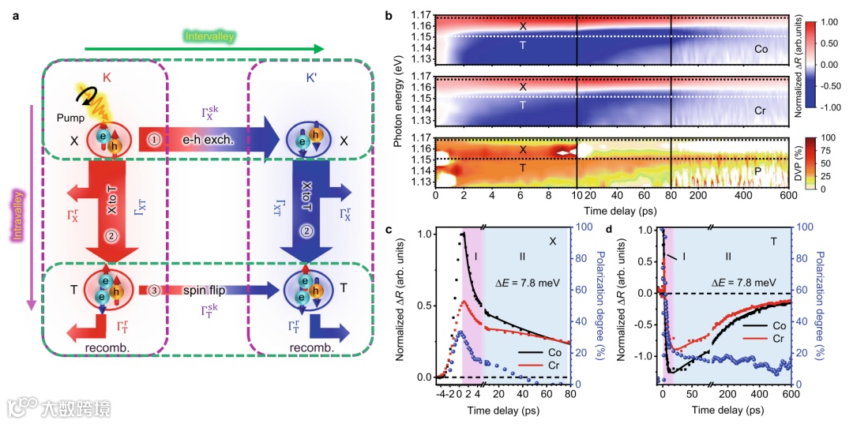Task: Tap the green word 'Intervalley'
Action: point(210,36)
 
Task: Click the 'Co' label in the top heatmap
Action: point(760,49)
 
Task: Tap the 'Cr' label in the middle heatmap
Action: point(760,111)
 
